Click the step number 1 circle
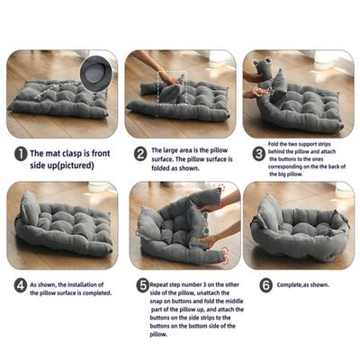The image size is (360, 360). (x=20, y=154)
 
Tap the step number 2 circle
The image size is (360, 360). (x=139, y=154)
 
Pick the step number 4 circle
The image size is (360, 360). (x=20, y=287)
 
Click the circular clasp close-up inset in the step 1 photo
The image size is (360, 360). (x=93, y=69)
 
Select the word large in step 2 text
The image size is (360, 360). (x=177, y=150)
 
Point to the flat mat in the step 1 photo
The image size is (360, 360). (x=58, y=97)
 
